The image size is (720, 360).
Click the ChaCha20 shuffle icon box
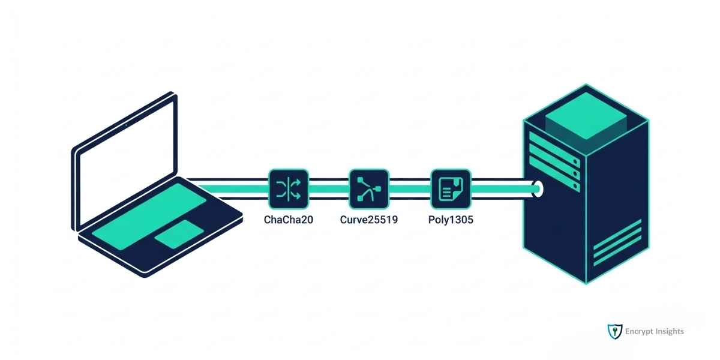coord(289,189)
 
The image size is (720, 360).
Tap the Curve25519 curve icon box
coord(369,189)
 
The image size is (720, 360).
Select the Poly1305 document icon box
coord(451,189)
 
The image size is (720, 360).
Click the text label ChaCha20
coord(289,220)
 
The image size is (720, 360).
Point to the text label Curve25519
coord(369,220)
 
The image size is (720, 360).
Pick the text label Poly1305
coord(451,220)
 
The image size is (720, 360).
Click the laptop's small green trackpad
coord(179,233)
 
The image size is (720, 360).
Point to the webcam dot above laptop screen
coord(127,123)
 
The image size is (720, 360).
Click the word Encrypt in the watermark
coord(640,331)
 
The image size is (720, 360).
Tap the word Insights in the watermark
coord(670,331)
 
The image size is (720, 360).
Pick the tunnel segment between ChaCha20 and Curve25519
coord(329,189)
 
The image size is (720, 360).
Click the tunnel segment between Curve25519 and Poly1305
coord(410,189)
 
